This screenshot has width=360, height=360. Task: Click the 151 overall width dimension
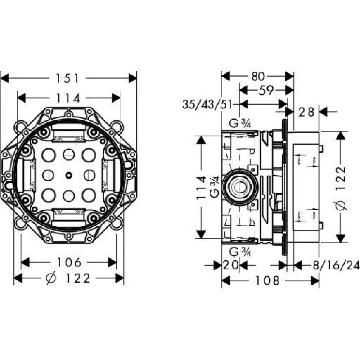point(68,78)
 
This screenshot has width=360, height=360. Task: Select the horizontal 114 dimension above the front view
point(68,98)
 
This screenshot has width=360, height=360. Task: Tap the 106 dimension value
point(68,262)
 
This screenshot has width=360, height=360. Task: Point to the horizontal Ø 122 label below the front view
point(68,278)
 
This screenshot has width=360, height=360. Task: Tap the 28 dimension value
point(306,112)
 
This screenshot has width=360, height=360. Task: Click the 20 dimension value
point(231,266)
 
